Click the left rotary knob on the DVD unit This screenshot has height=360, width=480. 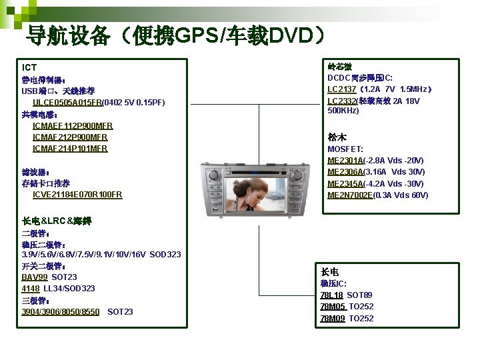click(214, 175)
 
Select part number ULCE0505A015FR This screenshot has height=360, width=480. click(67, 102)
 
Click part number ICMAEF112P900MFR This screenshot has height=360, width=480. click(73, 125)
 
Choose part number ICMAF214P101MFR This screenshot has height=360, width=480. click(70, 148)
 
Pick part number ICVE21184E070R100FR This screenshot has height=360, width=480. click(77, 195)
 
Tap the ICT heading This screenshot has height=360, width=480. click(29, 67)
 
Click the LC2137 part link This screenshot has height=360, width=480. click(342, 89)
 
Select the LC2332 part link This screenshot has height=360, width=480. click(342, 101)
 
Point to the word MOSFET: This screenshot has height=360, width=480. click(345, 149)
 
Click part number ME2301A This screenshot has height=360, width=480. click(345, 161)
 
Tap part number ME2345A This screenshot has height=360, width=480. click(345, 184)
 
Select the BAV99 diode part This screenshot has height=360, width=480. click(35, 277)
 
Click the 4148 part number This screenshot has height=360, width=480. click(31, 288)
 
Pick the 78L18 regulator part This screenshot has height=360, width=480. click(331, 295)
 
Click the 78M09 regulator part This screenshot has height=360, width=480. click(333, 318)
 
